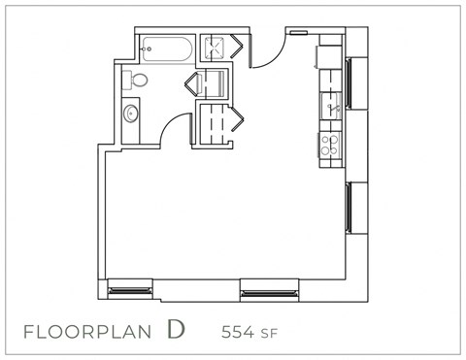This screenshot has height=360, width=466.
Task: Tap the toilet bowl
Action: tap(137, 80)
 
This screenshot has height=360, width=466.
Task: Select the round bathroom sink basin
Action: tap(131, 114)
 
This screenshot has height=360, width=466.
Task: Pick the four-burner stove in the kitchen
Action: tap(330, 145)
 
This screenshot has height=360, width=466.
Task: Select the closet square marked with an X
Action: tap(215, 47)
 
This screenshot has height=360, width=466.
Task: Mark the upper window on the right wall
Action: tap(348, 91)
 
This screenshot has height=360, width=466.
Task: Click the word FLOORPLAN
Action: tap(87, 331)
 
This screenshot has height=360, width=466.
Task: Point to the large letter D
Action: tap(175, 329)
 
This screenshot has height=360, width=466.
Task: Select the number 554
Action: tap(239, 331)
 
